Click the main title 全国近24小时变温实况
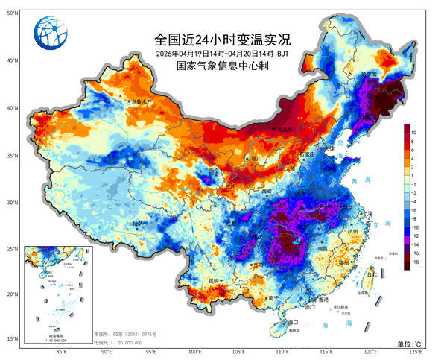[x=221, y=39]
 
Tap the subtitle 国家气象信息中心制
[x=221, y=66]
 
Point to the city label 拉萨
[x=136, y=223]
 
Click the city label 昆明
[x=214, y=281]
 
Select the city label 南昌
[x=323, y=248]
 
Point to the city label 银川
[x=256, y=158]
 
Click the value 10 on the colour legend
[x=413, y=132]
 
